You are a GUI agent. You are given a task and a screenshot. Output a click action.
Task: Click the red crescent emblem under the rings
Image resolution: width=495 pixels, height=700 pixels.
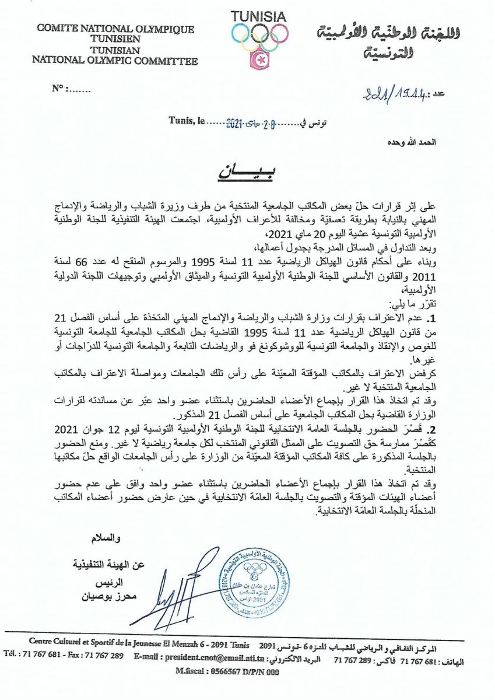coord(259,60)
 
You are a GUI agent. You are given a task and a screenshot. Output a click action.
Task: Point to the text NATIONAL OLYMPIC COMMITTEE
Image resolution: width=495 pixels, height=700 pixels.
coord(115,60)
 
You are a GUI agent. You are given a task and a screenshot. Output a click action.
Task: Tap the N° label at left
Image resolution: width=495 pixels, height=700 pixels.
coord(59,89)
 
